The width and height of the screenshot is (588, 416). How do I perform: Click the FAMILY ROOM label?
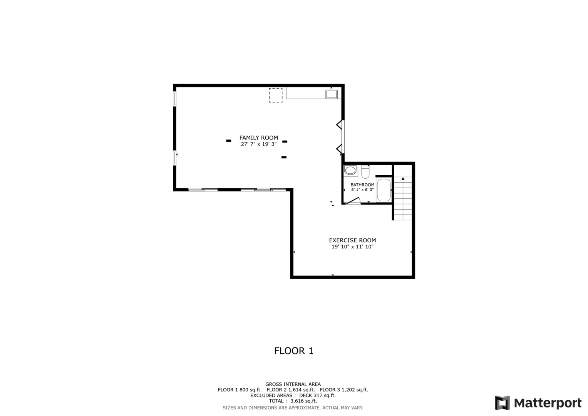pyautogui.click(x=258, y=138)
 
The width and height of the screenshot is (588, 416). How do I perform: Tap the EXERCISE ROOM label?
pyautogui.click(x=352, y=240)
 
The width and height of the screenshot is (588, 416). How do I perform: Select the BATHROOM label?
pyautogui.click(x=362, y=185)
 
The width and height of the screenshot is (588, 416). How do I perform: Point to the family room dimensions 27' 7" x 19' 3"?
pyautogui.click(x=258, y=144)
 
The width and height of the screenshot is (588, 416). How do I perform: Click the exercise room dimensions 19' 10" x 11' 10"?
pyautogui.click(x=352, y=247)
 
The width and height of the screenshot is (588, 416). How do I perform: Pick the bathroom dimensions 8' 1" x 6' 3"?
pyautogui.click(x=362, y=190)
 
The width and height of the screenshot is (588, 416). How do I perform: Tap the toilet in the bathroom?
pyautogui.click(x=365, y=172)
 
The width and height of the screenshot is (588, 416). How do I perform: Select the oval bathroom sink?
pyautogui.click(x=350, y=170)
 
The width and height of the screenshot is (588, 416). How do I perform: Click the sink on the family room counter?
pyautogui.click(x=332, y=94)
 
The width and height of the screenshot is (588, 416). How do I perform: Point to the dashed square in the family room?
pyautogui.click(x=276, y=95)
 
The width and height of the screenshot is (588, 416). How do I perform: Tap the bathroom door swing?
pyautogui.click(x=353, y=201)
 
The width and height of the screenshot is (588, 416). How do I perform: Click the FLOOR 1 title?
pyautogui.click(x=294, y=351)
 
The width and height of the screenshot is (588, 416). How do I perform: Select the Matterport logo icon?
pyautogui.click(x=503, y=403)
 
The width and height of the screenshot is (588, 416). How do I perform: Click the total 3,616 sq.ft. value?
pyautogui.click(x=304, y=401)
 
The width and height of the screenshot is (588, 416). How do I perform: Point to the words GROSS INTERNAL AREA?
pyautogui.click(x=293, y=384)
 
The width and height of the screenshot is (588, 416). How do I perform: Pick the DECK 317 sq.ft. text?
pyautogui.click(x=317, y=396)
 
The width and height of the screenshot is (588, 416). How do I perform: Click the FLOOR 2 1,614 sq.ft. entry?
pyautogui.click(x=291, y=390)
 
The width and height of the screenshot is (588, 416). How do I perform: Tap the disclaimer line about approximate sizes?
pyautogui.click(x=293, y=408)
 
